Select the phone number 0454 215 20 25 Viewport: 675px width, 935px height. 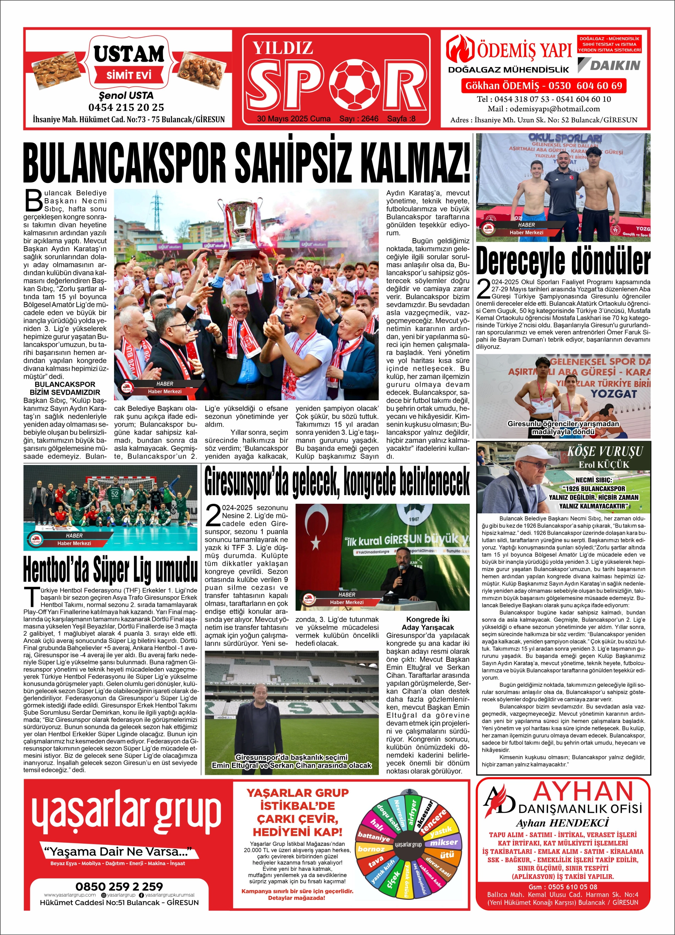point(126,108)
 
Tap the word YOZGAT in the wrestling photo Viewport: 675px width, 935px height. point(614,394)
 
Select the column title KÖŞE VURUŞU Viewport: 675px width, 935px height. point(605,452)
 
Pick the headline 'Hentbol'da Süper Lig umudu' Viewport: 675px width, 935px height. point(110,571)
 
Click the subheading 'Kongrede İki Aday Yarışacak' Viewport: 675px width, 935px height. point(428,623)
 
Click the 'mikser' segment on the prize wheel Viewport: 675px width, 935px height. point(444,842)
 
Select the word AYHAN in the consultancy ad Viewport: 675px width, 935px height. point(583,792)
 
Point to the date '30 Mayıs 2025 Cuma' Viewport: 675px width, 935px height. point(293,119)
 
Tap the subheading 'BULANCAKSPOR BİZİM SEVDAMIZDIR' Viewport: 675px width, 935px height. point(65,388)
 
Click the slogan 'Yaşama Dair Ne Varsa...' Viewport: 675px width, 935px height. point(118,851)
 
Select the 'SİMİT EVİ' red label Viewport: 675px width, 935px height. point(129,75)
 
